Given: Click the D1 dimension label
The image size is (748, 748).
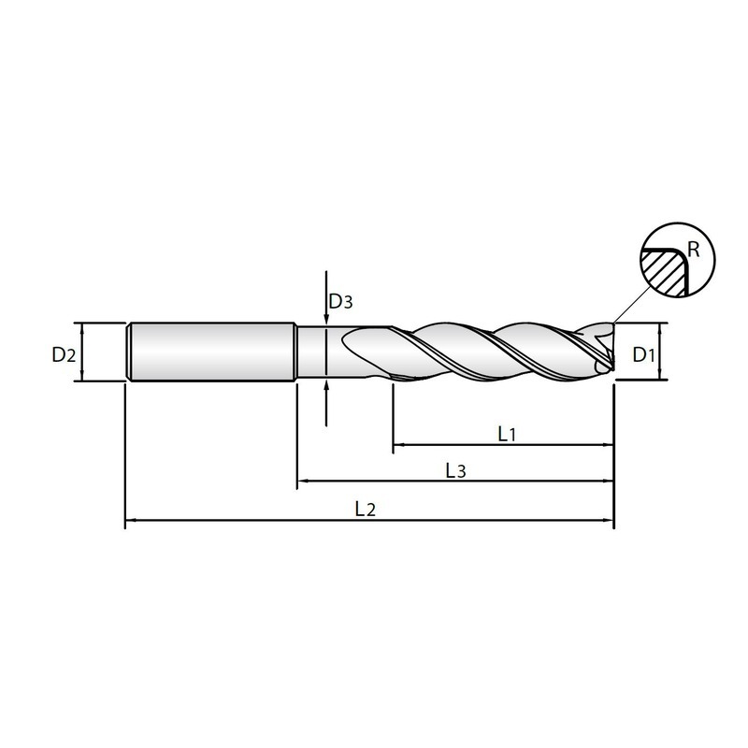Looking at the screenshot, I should pyautogui.click(x=642, y=354).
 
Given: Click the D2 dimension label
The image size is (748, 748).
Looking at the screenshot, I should pyautogui.click(x=63, y=354).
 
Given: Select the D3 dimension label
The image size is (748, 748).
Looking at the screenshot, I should pyautogui.click(x=340, y=302).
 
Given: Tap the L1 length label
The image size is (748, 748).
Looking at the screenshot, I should pyautogui.click(x=508, y=434).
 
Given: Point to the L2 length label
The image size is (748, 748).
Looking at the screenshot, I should pyautogui.click(x=365, y=510).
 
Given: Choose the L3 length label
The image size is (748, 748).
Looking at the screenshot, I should pyautogui.click(x=455, y=471).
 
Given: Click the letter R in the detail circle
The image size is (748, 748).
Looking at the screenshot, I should pyautogui.click(x=693, y=249).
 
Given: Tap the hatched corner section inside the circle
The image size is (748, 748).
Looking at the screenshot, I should pyautogui.click(x=661, y=272).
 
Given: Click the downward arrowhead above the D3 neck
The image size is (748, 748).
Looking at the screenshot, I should pyautogui.click(x=324, y=321).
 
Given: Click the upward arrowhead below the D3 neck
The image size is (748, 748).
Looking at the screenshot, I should pyautogui.click(x=324, y=385).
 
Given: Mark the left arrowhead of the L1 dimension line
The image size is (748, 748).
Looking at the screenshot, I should pyautogui.click(x=397, y=445).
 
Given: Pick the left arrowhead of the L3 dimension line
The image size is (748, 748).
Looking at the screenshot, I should pyautogui.click(x=302, y=482).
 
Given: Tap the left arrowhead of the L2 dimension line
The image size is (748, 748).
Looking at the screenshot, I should pyautogui.click(x=130, y=521).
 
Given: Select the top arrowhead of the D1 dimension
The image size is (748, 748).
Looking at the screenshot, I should pyautogui.click(x=661, y=327).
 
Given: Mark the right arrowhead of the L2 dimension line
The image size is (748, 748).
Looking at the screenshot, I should pyautogui.click(x=609, y=521).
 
